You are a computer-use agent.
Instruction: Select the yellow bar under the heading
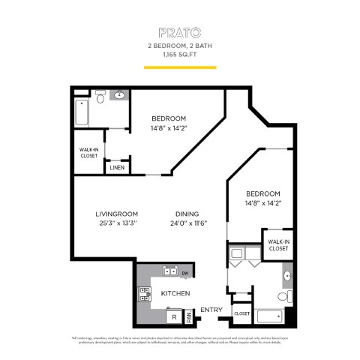[x=179, y=67]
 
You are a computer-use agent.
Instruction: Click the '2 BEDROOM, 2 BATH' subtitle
[x=179, y=46]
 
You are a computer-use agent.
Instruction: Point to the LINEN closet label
[x=117, y=167]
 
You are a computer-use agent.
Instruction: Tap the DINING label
[x=187, y=212]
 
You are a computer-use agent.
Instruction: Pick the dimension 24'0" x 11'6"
[x=187, y=222]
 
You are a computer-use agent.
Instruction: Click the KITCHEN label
[x=175, y=293]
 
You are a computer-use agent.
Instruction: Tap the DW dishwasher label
[x=184, y=274]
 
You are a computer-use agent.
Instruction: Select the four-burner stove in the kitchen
[x=143, y=294]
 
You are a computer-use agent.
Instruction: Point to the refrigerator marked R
[x=174, y=317]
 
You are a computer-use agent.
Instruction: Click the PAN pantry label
[x=189, y=318]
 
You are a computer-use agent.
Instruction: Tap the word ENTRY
[x=211, y=310]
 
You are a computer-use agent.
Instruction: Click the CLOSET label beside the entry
[x=241, y=313]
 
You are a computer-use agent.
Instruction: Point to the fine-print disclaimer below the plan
[x=179, y=340]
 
